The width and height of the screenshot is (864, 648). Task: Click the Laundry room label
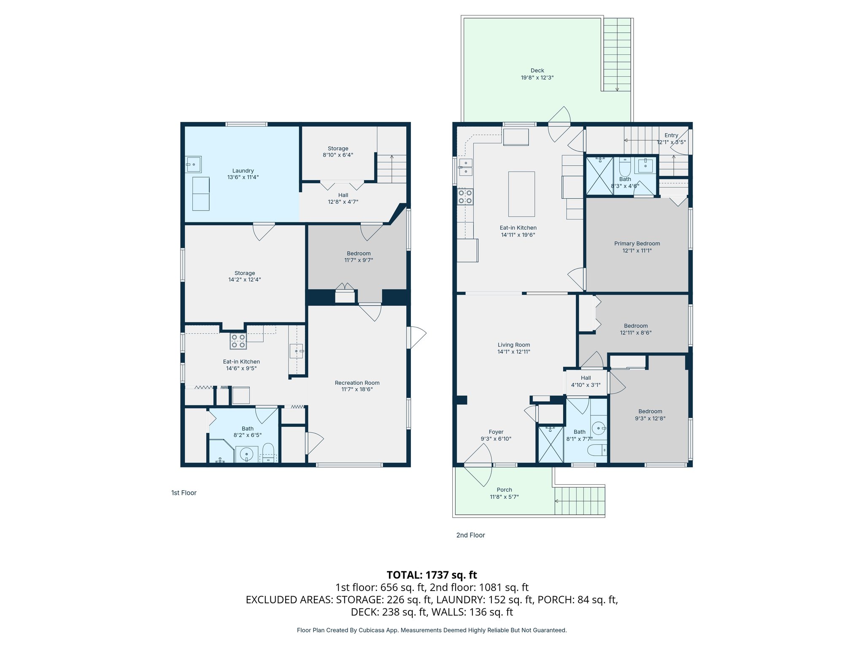243,171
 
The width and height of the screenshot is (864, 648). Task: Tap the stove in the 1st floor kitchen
238,341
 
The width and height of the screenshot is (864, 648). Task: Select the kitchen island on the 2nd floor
521,194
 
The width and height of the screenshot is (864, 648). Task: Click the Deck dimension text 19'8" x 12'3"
537,78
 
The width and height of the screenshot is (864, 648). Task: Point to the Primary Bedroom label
637,243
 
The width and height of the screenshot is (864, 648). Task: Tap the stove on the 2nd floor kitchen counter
465,197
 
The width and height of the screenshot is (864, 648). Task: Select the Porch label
504,490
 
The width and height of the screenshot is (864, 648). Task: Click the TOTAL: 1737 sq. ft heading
432,575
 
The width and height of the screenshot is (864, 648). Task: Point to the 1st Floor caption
184,493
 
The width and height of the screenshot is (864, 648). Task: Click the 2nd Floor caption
470,535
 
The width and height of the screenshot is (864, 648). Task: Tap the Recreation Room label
357,383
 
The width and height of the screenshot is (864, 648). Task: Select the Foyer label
496,432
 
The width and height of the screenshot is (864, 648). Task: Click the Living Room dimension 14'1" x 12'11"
513,352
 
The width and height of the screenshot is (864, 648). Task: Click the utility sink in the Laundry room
194,164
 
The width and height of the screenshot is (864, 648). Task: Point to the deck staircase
617,55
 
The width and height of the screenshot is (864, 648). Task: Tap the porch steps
580,501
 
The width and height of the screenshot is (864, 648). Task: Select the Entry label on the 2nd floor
671,135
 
